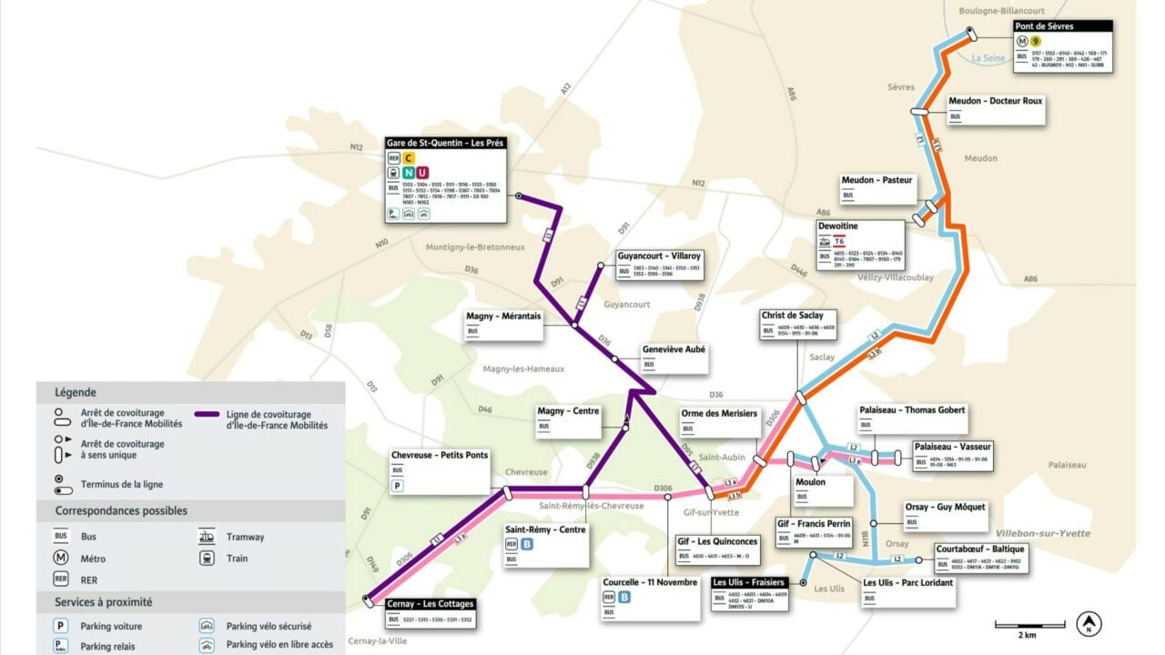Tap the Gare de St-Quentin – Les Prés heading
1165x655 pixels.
pyautogui.click(x=445, y=143)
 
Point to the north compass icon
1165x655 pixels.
pyautogui.click(x=1089, y=624)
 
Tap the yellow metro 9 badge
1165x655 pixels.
pyautogui.click(x=1036, y=40)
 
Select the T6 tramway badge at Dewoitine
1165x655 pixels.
pyautogui.click(x=853, y=241)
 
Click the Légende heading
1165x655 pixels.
pyautogui.click(x=76, y=392)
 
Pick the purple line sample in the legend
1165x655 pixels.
pyautogui.click(x=207, y=414)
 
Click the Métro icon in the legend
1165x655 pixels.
pyautogui.click(x=61, y=558)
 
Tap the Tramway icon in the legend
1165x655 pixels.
pyautogui.click(x=207, y=537)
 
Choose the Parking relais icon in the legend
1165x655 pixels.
pyautogui.click(x=61, y=645)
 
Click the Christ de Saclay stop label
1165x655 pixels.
pyautogui.click(x=798, y=315)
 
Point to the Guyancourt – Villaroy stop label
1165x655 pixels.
pyautogui.click(x=660, y=257)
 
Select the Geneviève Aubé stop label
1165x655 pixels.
pyautogui.click(x=674, y=349)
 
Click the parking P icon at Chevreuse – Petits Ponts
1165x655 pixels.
pyautogui.click(x=398, y=487)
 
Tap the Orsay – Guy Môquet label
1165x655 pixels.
pyautogui.click(x=945, y=507)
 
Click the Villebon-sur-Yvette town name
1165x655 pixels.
pyautogui.click(x=1043, y=533)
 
